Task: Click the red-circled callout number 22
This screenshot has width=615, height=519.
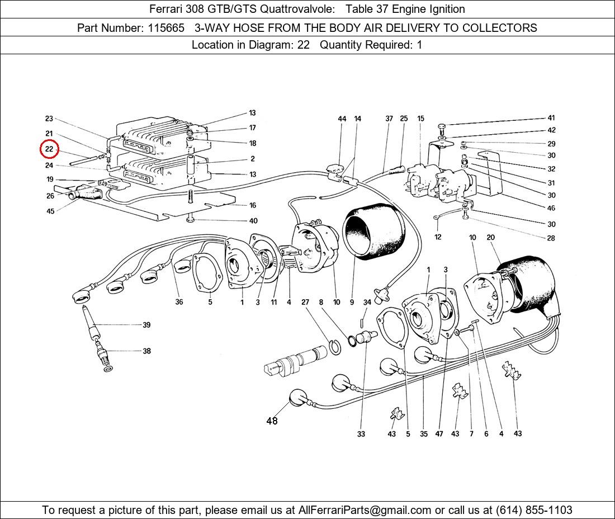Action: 49,149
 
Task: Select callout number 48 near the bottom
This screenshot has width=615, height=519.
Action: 272,421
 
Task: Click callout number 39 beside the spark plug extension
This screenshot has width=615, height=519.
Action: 146,325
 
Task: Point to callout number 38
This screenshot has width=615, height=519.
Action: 146,351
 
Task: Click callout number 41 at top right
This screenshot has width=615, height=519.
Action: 551,118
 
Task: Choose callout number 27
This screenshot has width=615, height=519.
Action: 305,303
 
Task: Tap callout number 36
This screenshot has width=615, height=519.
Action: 179,303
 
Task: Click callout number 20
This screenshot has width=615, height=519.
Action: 491,238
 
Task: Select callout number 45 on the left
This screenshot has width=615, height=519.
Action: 50,211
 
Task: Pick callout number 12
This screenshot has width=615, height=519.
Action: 438,237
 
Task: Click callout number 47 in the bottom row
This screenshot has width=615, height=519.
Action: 439,433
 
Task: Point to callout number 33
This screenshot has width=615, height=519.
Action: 361,433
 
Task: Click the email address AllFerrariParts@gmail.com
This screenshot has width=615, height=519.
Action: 365,510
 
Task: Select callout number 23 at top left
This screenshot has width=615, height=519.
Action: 49,119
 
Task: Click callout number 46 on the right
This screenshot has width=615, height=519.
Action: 551,208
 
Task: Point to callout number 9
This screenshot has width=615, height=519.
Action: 352,303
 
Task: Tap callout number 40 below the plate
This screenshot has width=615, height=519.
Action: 253,221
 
